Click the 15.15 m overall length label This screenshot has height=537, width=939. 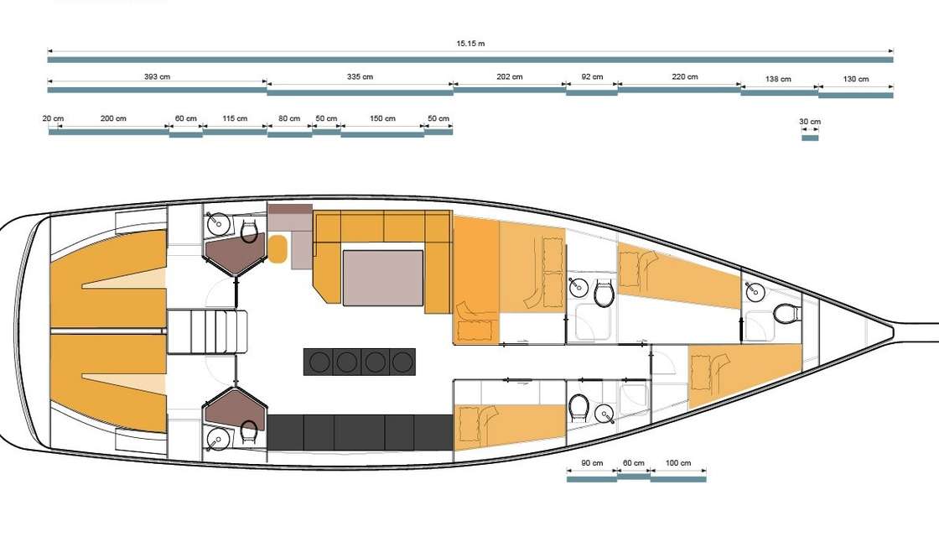click(470, 44)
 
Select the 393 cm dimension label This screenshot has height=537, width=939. click(157, 76)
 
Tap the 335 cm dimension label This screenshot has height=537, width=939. click(360, 76)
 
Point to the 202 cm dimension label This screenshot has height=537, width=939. click(510, 76)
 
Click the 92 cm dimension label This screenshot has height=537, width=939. click(592, 76)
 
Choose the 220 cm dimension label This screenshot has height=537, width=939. click(685, 76)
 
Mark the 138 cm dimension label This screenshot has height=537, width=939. click(778, 79)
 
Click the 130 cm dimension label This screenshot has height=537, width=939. click(856, 79)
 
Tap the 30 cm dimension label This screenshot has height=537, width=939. click(810, 122)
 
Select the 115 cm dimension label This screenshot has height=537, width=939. click(235, 118)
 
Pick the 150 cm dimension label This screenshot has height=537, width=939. click(382, 118)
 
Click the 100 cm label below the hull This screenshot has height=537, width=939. click(678, 463)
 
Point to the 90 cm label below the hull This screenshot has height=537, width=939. click(592, 463)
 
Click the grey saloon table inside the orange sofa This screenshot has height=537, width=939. click(383, 278)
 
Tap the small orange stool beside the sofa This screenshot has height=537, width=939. click(278, 248)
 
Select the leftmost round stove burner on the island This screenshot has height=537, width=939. click(319, 362)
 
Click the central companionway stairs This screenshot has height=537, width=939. click(206, 331)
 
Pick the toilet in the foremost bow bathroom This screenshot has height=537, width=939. click(787, 313)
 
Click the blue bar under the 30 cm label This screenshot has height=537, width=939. click(810, 138)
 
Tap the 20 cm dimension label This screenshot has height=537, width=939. click(54, 118)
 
